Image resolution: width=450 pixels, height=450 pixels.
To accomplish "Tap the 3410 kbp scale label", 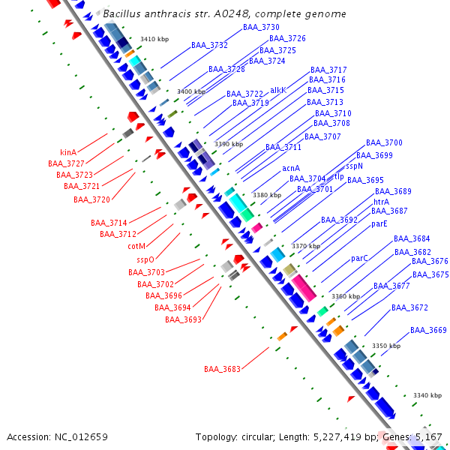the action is pos(154,39).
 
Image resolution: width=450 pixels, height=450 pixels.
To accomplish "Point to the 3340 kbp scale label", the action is pos(427,395).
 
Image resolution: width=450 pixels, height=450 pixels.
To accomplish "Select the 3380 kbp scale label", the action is pos(267,195).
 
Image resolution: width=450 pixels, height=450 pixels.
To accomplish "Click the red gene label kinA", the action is pos(68,152).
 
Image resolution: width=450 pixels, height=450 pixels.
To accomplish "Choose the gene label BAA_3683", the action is pos(222,369).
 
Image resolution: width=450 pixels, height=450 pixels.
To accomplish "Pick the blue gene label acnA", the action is pos(291,168).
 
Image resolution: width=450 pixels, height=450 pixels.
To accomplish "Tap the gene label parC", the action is pos(360,258).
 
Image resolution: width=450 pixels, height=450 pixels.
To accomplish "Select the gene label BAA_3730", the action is pos(261,27).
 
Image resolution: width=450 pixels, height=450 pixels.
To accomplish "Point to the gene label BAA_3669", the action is pos(428,330).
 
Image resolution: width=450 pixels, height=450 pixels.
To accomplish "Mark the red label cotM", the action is pos(136,246).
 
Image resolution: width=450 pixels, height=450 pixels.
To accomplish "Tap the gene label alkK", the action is pos(278,89).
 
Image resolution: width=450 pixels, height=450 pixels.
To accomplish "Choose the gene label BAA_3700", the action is pos(384,142).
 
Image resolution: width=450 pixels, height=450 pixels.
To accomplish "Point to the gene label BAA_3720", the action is pos(91,199).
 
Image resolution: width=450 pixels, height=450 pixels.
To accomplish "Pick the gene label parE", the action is pos(379,223).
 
